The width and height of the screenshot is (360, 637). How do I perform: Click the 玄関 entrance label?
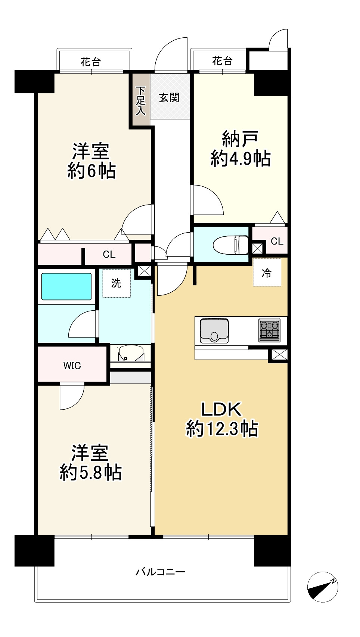point(169,98)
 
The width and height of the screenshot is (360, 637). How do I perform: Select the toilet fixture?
point(230,245)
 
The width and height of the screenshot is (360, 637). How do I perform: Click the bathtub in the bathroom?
point(66,286)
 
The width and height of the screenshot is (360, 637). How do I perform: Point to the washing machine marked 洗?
point(117,283)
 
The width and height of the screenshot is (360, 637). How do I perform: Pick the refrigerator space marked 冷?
point(267,272)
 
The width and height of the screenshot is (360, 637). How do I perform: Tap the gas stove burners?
point(269,330)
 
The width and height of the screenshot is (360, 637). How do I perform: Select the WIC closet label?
point(72,366)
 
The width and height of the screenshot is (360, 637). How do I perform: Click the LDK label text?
point(221,409)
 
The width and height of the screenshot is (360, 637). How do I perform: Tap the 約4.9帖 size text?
point(240,159)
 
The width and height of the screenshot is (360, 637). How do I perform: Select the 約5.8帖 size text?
point(90,473)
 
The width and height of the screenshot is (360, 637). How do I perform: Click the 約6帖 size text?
point(91,171)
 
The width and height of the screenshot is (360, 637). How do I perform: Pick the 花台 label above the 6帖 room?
point(91,62)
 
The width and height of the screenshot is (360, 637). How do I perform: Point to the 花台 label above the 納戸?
point(222,61)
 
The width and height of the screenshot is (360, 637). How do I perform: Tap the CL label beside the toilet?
point(277,242)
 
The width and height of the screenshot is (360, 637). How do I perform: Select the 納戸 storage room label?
point(240,139)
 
